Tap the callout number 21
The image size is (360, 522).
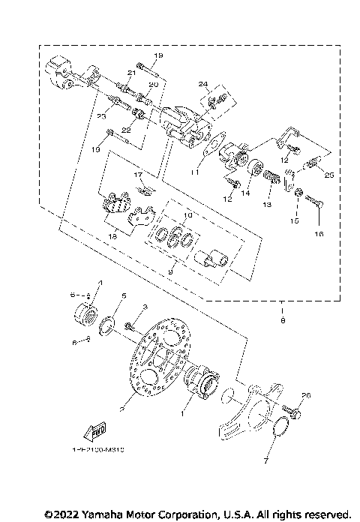point(130,72)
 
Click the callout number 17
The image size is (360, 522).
point(138,175)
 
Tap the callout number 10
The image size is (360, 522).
point(187,215)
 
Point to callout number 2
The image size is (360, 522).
point(121,410)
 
